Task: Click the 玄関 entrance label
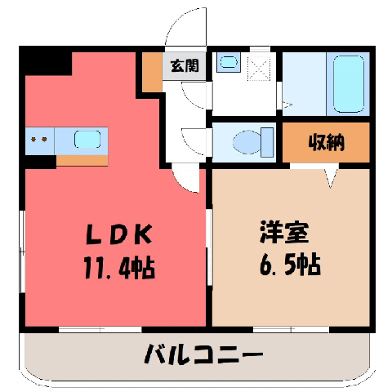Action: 185,65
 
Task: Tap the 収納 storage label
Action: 327,142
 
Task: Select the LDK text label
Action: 119,234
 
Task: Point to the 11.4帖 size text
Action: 119,268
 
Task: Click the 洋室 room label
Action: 284,232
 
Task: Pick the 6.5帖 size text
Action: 290,265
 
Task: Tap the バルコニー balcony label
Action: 203,354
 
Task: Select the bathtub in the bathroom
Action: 349,84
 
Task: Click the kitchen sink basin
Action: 87,139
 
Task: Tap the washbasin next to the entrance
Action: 229,62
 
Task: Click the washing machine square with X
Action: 259,69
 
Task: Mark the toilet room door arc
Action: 194,142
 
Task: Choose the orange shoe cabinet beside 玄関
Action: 152,72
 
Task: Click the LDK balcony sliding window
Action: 100,329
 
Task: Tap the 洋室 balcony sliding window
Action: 291,329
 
